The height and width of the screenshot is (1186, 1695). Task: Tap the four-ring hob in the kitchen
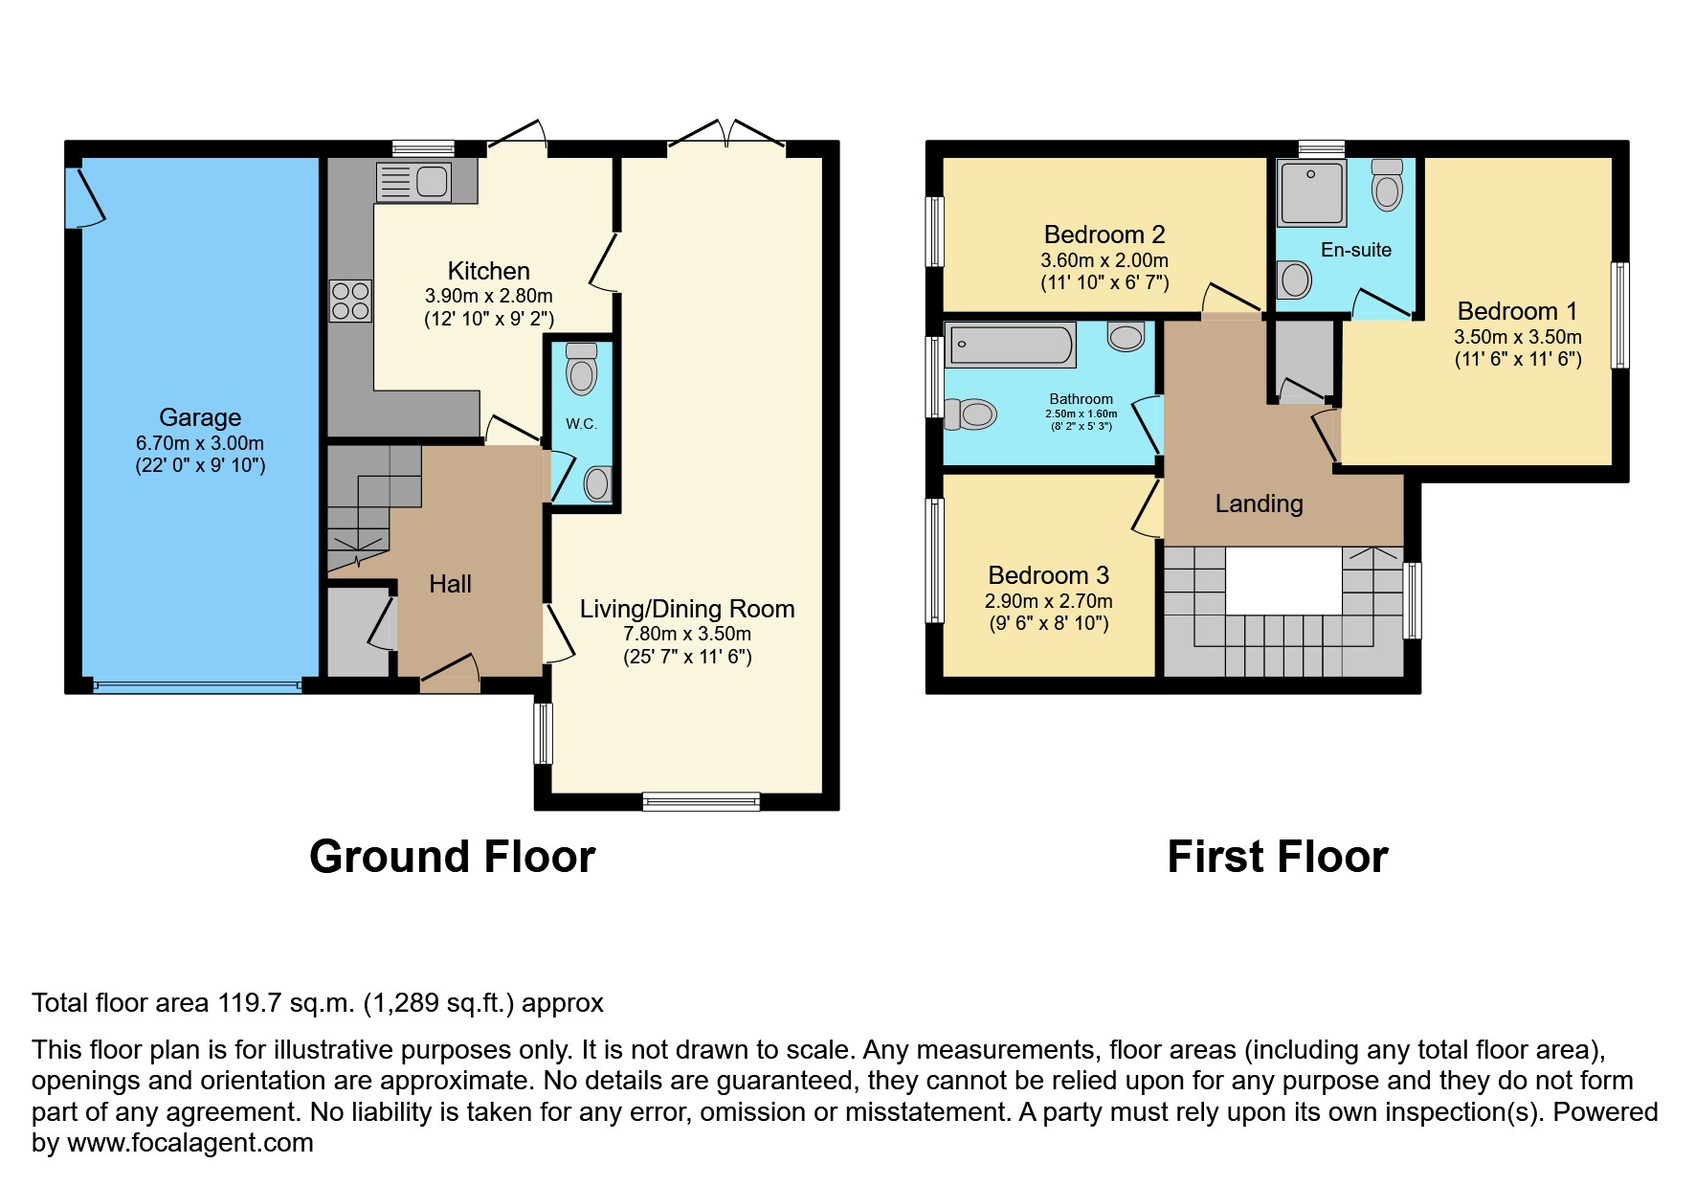[x=350, y=301]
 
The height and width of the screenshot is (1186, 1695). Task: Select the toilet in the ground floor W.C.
[x=581, y=369]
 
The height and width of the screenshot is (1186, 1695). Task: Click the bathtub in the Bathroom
[x=1010, y=345]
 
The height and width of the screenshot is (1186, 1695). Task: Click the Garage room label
[x=200, y=417]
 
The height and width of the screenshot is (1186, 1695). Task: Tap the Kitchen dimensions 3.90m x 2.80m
[x=488, y=297]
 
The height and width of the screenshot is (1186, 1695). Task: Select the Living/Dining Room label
[x=687, y=609]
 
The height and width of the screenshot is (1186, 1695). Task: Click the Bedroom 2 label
[x=1104, y=235]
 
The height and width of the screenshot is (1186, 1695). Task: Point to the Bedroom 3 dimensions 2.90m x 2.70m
[x=1048, y=601]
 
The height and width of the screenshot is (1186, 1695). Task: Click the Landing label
[x=1259, y=503]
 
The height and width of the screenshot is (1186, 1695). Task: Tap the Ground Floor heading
[x=452, y=857]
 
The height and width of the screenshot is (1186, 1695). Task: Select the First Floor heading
[x=1277, y=857]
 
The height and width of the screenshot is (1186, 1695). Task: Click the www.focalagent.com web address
[x=190, y=1143]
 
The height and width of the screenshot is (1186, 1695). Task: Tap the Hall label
[x=450, y=584]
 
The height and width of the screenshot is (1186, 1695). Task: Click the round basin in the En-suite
[x=1295, y=280]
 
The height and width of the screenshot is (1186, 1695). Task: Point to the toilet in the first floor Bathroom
[x=971, y=414]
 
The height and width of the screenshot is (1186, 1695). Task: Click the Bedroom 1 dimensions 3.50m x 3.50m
[x=1517, y=337]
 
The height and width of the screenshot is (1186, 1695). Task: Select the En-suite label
[x=1355, y=250]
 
